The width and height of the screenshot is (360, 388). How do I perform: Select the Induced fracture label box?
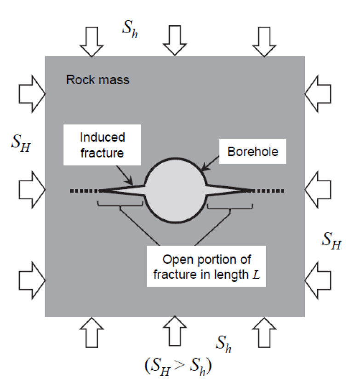(102, 145)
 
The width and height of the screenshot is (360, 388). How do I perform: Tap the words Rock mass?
(97, 80)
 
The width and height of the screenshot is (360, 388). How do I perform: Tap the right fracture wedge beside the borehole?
(228, 190)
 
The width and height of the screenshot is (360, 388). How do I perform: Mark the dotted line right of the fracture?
(269, 190)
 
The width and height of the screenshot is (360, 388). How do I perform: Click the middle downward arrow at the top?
(174, 40)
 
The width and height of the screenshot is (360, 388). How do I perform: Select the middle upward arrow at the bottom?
(174, 331)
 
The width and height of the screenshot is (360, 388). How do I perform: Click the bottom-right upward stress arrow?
(263, 331)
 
